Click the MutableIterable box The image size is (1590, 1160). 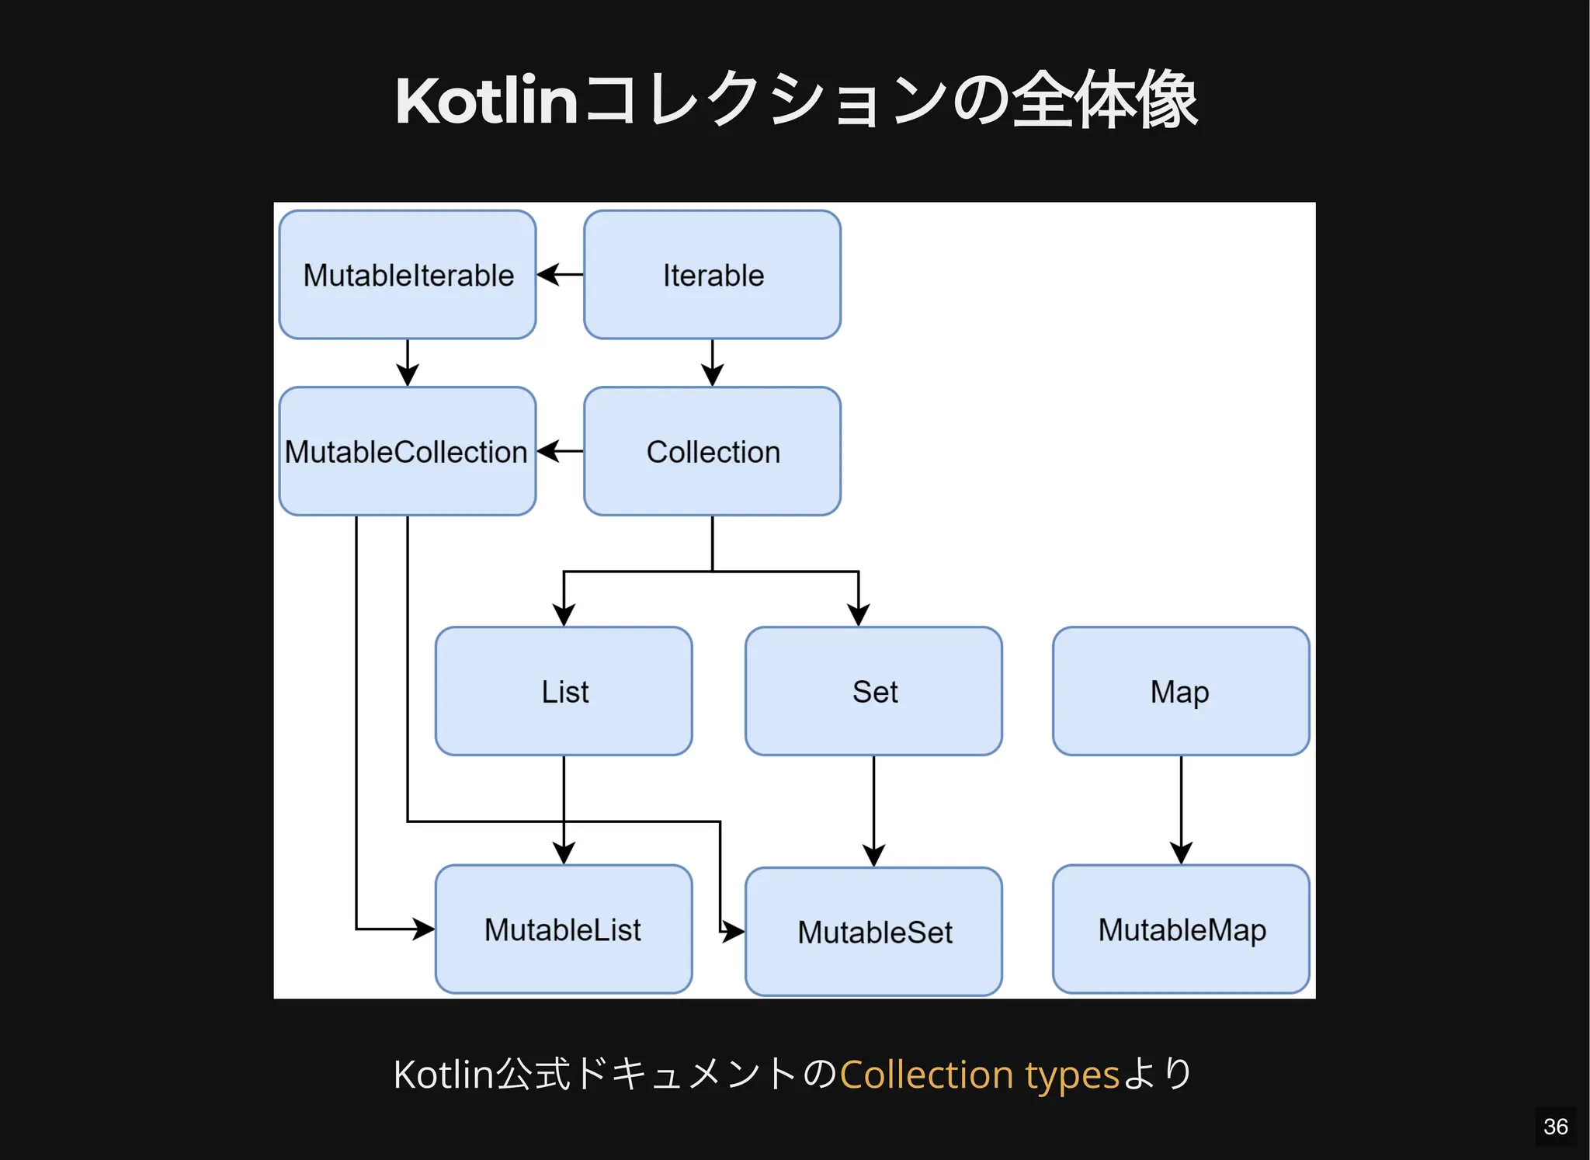click(408, 275)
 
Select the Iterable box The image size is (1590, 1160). click(712, 275)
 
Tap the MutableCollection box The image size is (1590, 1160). click(408, 451)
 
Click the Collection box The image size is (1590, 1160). click(712, 451)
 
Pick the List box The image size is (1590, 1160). click(564, 691)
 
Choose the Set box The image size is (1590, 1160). click(873, 691)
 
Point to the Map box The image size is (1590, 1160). click(1181, 691)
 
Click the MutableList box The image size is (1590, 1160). click(564, 929)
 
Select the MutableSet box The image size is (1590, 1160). click(873, 932)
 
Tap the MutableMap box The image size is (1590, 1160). click(1181, 929)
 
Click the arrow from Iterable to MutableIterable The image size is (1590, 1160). click(560, 274)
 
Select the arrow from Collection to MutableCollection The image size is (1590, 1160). click(560, 451)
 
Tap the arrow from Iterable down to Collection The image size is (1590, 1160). click(712, 363)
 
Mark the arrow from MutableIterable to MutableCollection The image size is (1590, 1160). click(408, 363)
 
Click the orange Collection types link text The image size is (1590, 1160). click(979, 1075)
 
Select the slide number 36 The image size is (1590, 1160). click(1555, 1126)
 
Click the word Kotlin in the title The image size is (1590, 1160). click(486, 101)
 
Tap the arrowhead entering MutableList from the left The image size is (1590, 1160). click(424, 929)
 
